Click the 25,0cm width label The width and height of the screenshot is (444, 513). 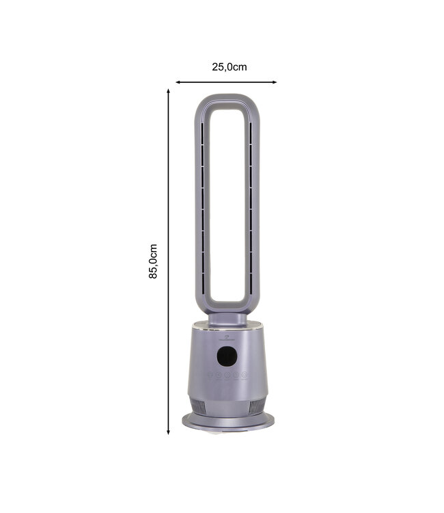point(229,67)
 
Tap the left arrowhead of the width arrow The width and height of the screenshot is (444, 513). point(178,82)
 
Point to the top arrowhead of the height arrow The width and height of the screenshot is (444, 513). point(168,91)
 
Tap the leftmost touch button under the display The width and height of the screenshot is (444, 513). point(210,375)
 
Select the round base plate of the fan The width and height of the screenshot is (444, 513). point(227,422)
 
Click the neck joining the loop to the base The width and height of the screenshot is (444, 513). point(227,319)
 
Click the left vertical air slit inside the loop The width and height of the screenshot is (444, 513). point(203,205)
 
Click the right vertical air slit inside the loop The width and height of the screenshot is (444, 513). point(251,205)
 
